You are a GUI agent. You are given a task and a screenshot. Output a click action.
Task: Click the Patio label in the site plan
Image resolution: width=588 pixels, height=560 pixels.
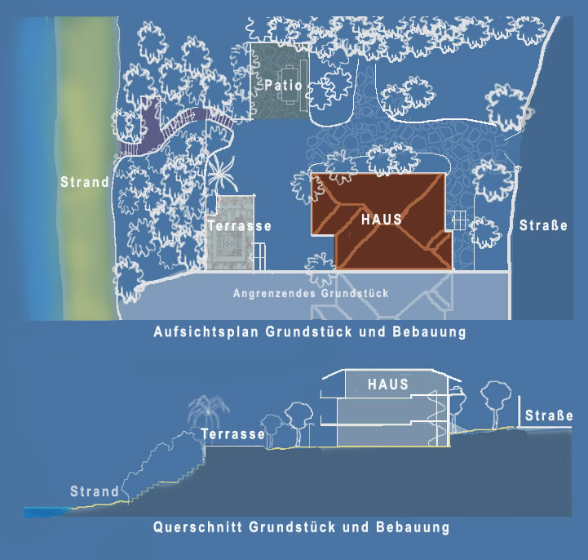coord(283,85)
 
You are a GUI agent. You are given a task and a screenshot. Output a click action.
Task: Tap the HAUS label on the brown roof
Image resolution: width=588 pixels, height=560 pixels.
coord(382,220)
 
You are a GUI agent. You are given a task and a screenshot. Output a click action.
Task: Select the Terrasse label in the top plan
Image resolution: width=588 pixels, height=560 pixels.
coord(239,225)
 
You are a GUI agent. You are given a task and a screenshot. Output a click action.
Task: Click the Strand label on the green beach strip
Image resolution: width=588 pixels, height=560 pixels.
coord(85,182)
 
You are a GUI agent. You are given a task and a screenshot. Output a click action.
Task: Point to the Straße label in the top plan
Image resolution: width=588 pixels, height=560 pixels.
coord(543,225)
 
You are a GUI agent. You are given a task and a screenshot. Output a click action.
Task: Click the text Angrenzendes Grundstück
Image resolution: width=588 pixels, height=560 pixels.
coord(311,293)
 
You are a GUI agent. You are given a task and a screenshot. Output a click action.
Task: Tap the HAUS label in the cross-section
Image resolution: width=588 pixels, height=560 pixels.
coord(387,384)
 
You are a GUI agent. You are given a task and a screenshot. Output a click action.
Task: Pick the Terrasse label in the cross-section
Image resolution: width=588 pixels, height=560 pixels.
coord(233,434)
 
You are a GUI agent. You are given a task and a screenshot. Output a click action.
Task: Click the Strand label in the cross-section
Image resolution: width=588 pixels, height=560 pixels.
coord(95,491)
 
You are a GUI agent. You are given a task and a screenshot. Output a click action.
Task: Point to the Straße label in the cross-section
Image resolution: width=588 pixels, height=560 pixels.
coord(549,416)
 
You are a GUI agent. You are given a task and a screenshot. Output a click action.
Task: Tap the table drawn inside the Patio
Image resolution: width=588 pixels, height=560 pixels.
coord(289,85)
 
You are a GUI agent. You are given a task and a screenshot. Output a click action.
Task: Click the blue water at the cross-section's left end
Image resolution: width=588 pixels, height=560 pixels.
coord(45,512)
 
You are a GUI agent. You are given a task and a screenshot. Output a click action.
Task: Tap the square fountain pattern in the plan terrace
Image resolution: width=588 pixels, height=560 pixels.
coord(230,243)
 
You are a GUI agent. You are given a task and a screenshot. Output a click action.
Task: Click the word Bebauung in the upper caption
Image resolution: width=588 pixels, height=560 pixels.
coord(429,331)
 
